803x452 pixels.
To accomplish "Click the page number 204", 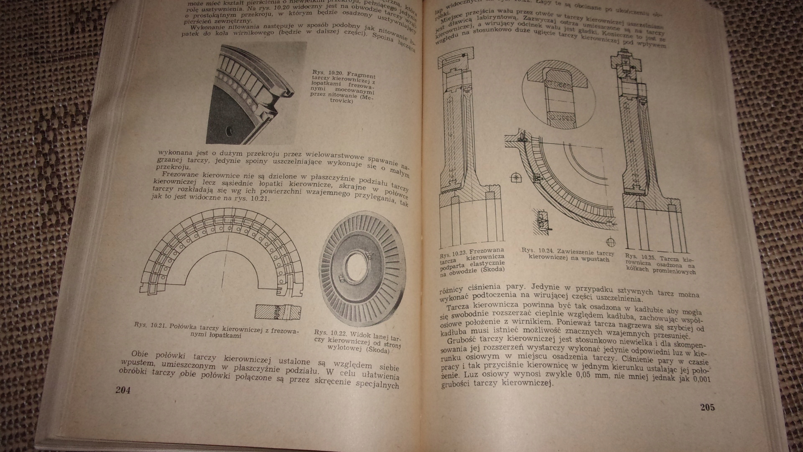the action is [123, 390].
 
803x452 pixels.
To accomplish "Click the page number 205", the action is [707, 408].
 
